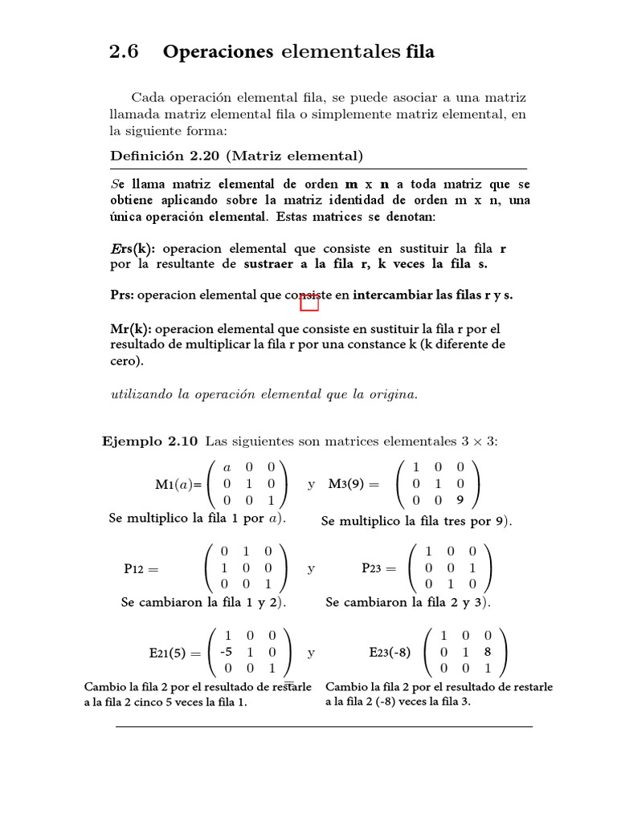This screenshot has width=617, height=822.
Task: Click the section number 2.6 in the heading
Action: coord(124,52)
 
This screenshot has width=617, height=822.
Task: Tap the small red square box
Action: coord(309,302)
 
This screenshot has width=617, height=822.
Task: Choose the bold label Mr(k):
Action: coord(129,329)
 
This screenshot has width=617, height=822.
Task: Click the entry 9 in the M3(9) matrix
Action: coord(460,500)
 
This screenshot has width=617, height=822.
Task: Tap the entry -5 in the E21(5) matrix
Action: coord(227,651)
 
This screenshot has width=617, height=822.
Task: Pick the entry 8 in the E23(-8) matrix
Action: coord(488,652)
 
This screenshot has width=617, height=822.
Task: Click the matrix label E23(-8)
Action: coord(390,653)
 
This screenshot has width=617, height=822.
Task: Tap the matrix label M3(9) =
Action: coord(358,484)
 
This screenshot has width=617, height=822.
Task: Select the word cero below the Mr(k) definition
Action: coord(125,361)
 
